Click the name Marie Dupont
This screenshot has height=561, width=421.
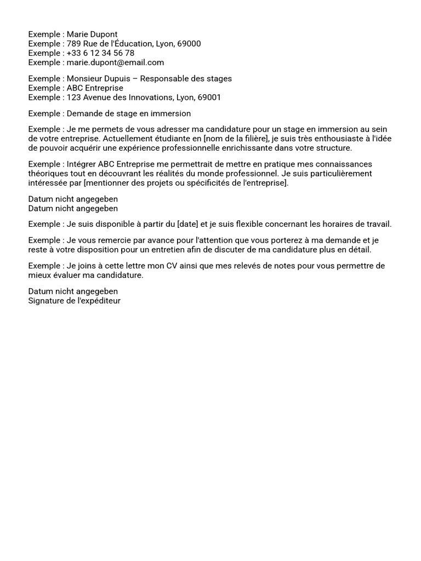tap(92, 35)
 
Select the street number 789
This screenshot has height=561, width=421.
tap(74, 44)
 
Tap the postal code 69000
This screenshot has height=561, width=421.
tap(189, 44)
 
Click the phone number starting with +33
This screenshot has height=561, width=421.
tap(100, 53)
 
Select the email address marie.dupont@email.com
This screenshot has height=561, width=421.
tap(115, 62)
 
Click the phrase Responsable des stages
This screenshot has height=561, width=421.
tap(186, 79)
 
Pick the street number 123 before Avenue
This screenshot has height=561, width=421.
tap(74, 98)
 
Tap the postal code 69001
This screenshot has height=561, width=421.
tap(209, 98)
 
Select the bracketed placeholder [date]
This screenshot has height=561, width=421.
tap(187, 224)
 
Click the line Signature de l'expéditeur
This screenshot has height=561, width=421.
tap(75, 301)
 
